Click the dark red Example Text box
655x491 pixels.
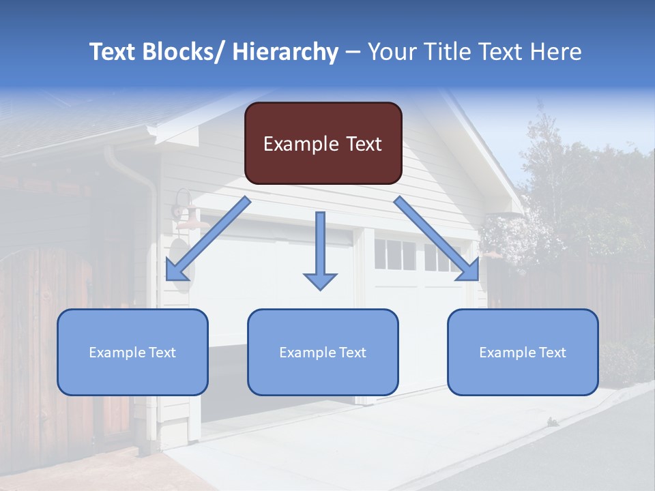(x=323, y=143)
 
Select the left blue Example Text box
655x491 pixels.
(x=132, y=352)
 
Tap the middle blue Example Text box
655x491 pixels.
(x=323, y=352)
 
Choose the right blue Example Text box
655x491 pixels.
(x=523, y=352)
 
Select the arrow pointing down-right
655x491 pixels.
(x=437, y=239)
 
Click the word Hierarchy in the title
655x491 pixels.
(x=285, y=52)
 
